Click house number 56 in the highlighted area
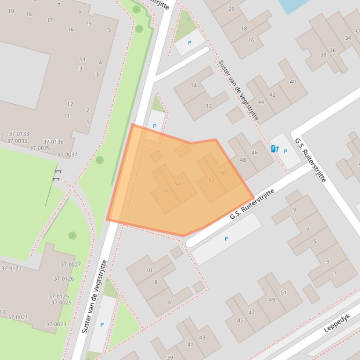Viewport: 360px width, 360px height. [x=166, y=192]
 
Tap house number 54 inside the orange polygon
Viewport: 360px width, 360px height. [x=177, y=184]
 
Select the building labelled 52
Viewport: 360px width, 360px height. [x=211, y=180]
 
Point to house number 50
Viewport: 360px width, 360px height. [x=223, y=173]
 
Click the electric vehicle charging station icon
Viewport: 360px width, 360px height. [x=274, y=149]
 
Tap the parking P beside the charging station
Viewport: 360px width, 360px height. [x=285, y=151]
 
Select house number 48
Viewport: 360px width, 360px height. [x=242, y=160]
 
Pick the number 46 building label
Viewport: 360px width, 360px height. [x=255, y=152]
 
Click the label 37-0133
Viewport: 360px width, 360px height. [x=18, y=134]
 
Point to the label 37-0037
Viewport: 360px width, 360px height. [x=67, y=155]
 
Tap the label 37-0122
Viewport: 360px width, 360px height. [x=11, y=268]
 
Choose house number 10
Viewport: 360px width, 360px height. [x=149, y=270]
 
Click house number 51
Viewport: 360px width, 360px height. [x=283, y=293]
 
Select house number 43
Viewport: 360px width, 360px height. [x=202, y=338]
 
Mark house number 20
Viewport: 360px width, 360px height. [x=231, y=9]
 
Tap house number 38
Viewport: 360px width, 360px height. [x=323, y=55]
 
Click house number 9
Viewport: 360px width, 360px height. [x=294, y=210]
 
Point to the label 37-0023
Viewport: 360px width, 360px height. [x=56, y=324]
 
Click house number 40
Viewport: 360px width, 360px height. [x=293, y=82]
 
